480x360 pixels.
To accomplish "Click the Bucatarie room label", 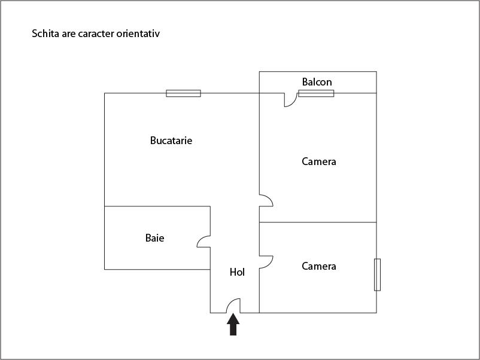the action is [171, 141].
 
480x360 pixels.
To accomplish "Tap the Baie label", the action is [154, 238].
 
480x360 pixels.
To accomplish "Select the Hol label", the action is [237, 272].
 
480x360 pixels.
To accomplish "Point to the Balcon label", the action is [317, 82].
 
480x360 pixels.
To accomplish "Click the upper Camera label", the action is [318, 161].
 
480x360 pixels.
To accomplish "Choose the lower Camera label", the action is [318, 266].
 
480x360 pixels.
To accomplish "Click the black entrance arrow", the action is [233, 324].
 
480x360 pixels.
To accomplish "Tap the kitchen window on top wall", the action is [183, 93].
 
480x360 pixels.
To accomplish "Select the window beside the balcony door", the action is [316, 93].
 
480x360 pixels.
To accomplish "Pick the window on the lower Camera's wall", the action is [377, 274].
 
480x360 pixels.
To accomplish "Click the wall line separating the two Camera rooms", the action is [318, 222].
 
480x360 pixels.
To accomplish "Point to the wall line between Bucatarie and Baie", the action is [157, 206].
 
